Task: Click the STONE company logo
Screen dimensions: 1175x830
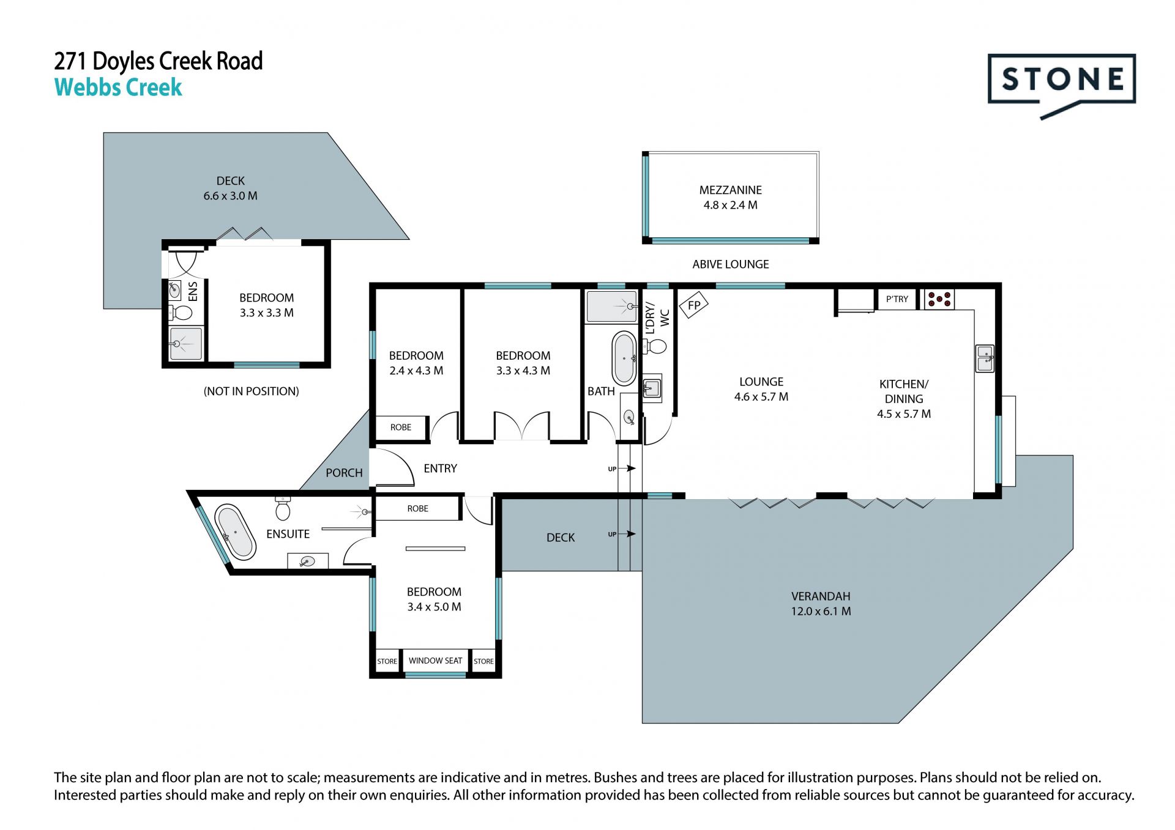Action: tap(1062, 86)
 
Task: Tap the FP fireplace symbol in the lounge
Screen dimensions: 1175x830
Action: tap(694, 305)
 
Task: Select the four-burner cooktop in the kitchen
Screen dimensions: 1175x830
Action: tap(939, 299)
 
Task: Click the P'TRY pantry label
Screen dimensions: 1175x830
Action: tap(897, 299)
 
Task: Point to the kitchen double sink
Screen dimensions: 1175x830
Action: tap(985, 358)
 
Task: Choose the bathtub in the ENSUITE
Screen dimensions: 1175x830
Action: tap(235, 532)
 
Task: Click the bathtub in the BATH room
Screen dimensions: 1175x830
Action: tap(624, 358)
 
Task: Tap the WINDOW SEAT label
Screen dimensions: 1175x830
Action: tap(435, 661)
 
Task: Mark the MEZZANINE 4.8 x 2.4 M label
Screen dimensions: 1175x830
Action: tap(731, 198)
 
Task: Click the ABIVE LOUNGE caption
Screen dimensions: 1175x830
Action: tap(731, 264)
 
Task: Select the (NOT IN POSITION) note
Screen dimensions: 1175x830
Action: tap(252, 391)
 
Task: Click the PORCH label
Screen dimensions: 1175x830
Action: tap(344, 473)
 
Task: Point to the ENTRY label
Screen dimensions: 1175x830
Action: tap(441, 469)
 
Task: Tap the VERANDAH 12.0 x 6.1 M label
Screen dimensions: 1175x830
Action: tap(821, 604)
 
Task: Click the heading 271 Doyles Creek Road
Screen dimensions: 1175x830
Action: tap(159, 61)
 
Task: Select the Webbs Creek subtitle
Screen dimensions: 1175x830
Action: tap(118, 87)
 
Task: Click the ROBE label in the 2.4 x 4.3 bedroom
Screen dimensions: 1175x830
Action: tap(401, 428)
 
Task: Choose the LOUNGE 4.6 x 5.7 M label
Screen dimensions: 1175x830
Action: tap(761, 389)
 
